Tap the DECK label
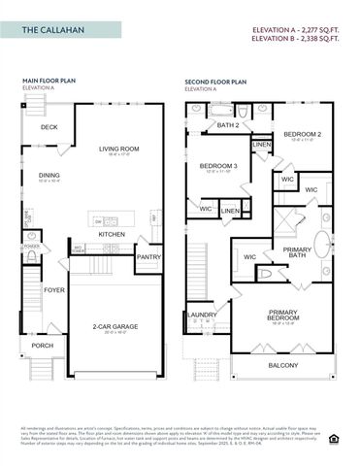[49, 127]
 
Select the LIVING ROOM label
[119, 149]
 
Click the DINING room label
[49, 176]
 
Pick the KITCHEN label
[112, 234]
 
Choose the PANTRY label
[148, 256]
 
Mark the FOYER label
[54, 289]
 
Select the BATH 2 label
[228, 125]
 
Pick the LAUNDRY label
[202, 315]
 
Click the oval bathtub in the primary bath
[321, 243]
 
